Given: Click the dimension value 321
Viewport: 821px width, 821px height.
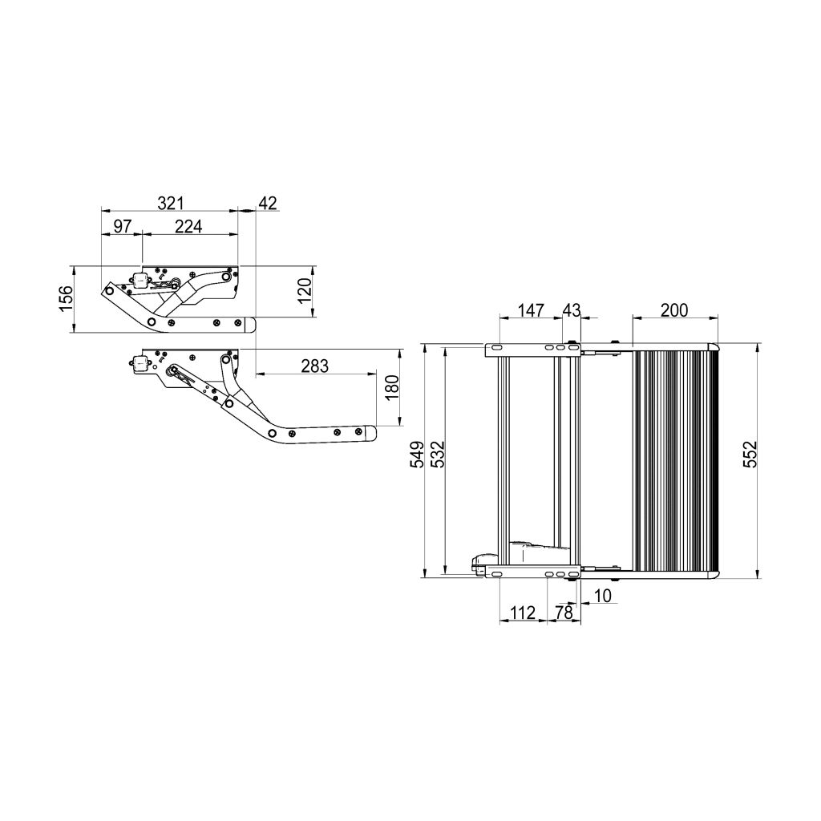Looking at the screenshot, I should [x=170, y=204].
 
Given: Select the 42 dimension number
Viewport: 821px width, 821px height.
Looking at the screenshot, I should [x=267, y=204].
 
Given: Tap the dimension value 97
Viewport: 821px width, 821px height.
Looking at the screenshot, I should [x=122, y=227].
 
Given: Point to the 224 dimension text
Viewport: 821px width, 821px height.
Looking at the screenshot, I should [x=188, y=227].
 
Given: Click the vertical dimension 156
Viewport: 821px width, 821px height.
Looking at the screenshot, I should [x=67, y=298].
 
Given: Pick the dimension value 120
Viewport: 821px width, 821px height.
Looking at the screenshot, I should [x=304, y=292].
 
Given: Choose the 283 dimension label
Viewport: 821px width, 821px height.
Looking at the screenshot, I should [x=315, y=366].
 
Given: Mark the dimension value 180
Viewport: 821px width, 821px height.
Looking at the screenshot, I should [x=391, y=389].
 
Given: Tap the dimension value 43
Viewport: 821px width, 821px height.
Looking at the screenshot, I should [x=572, y=310].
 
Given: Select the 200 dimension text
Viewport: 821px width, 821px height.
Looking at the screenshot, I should [x=673, y=310].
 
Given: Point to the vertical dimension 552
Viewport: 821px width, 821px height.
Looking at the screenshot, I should [x=750, y=459].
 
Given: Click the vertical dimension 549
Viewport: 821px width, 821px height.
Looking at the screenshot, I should [x=417, y=459].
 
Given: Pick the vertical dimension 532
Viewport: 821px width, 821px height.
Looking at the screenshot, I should [x=437, y=459].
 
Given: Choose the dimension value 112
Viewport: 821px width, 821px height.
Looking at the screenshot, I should [x=522, y=613].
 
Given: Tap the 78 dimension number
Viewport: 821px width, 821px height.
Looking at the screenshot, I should [x=564, y=613].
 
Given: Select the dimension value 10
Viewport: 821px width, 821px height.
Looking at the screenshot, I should [x=603, y=596].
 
